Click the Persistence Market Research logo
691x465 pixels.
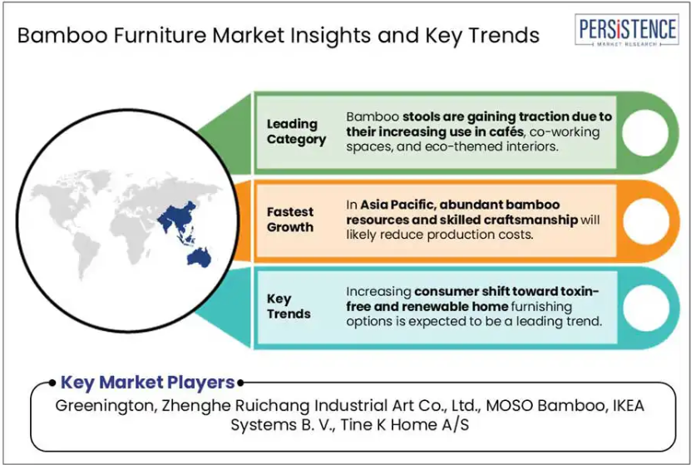pos(626,30)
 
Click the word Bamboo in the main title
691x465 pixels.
pos(62,35)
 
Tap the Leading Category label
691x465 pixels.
pos(296,131)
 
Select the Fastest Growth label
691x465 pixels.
pos(290,220)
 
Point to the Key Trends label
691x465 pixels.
pos(289,306)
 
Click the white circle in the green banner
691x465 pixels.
pos(645,132)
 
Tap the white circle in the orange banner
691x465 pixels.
pos(645,220)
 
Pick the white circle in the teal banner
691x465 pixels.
pos(645,308)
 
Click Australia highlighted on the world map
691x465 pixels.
pos(200,257)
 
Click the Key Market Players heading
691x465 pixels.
pos(147,382)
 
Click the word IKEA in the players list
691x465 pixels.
pos(628,405)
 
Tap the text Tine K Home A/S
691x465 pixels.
pos(405,424)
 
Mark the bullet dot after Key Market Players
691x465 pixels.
pos(240,383)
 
